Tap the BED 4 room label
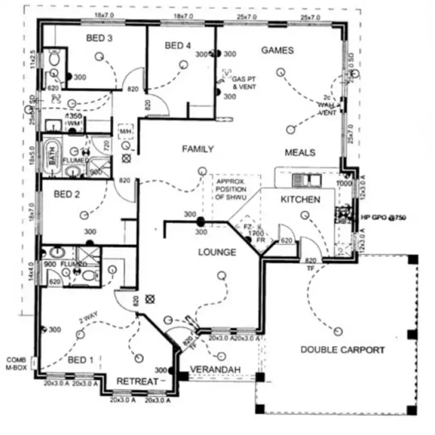click(177, 46)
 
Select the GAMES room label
click(277, 50)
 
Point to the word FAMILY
click(198, 149)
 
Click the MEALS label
click(300, 153)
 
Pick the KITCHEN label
click(300, 200)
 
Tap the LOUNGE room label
click(217, 252)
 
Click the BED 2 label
click(67, 194)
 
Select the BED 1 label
click(80, 360)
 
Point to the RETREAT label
click(137, 381)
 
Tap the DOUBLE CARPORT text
click(342, 350)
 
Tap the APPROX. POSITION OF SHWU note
click(231, 190)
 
